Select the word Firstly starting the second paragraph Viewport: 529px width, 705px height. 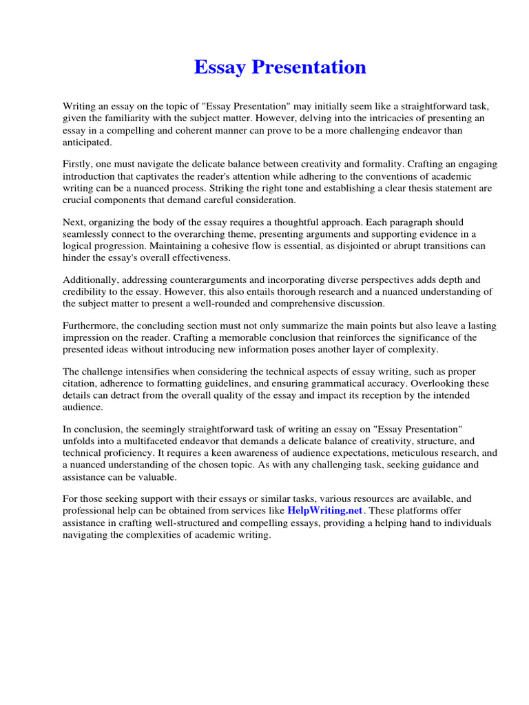pyautogui.click(x=79, y=165)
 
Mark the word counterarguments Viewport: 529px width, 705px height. pyautogui.click(x=200, y=280)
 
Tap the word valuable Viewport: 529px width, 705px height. pyautogui.click(x=158, y=476)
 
